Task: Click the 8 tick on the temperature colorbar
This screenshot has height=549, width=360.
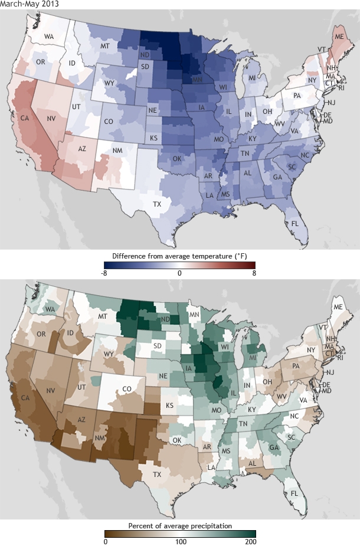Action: point(254,274)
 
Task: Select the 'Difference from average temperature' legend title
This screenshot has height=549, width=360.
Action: point(180,257)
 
